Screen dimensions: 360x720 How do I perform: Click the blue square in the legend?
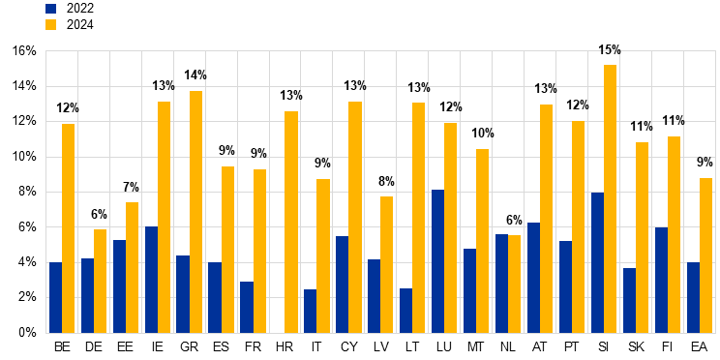(50, 9)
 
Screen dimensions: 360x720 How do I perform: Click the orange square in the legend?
(50, 25)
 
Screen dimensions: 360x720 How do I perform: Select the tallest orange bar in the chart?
(610, 198)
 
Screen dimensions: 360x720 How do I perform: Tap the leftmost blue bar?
(55, 297)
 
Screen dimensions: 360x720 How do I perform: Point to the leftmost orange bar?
(68, 227)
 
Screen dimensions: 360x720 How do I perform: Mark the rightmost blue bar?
(693, 297)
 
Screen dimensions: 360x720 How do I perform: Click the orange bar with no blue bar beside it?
(291, 222)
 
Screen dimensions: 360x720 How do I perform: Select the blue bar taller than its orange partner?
(501, 283)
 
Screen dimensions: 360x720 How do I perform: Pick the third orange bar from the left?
(132, 267)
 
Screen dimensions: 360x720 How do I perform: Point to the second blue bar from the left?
(87, 295)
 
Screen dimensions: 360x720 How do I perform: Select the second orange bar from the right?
(674, 234)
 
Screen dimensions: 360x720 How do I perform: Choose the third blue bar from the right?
(629, 300)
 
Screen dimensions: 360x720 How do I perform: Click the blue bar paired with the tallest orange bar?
(597, 262)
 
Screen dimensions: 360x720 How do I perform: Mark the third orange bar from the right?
(642, 237)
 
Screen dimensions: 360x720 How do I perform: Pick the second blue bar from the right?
(661, 280)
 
